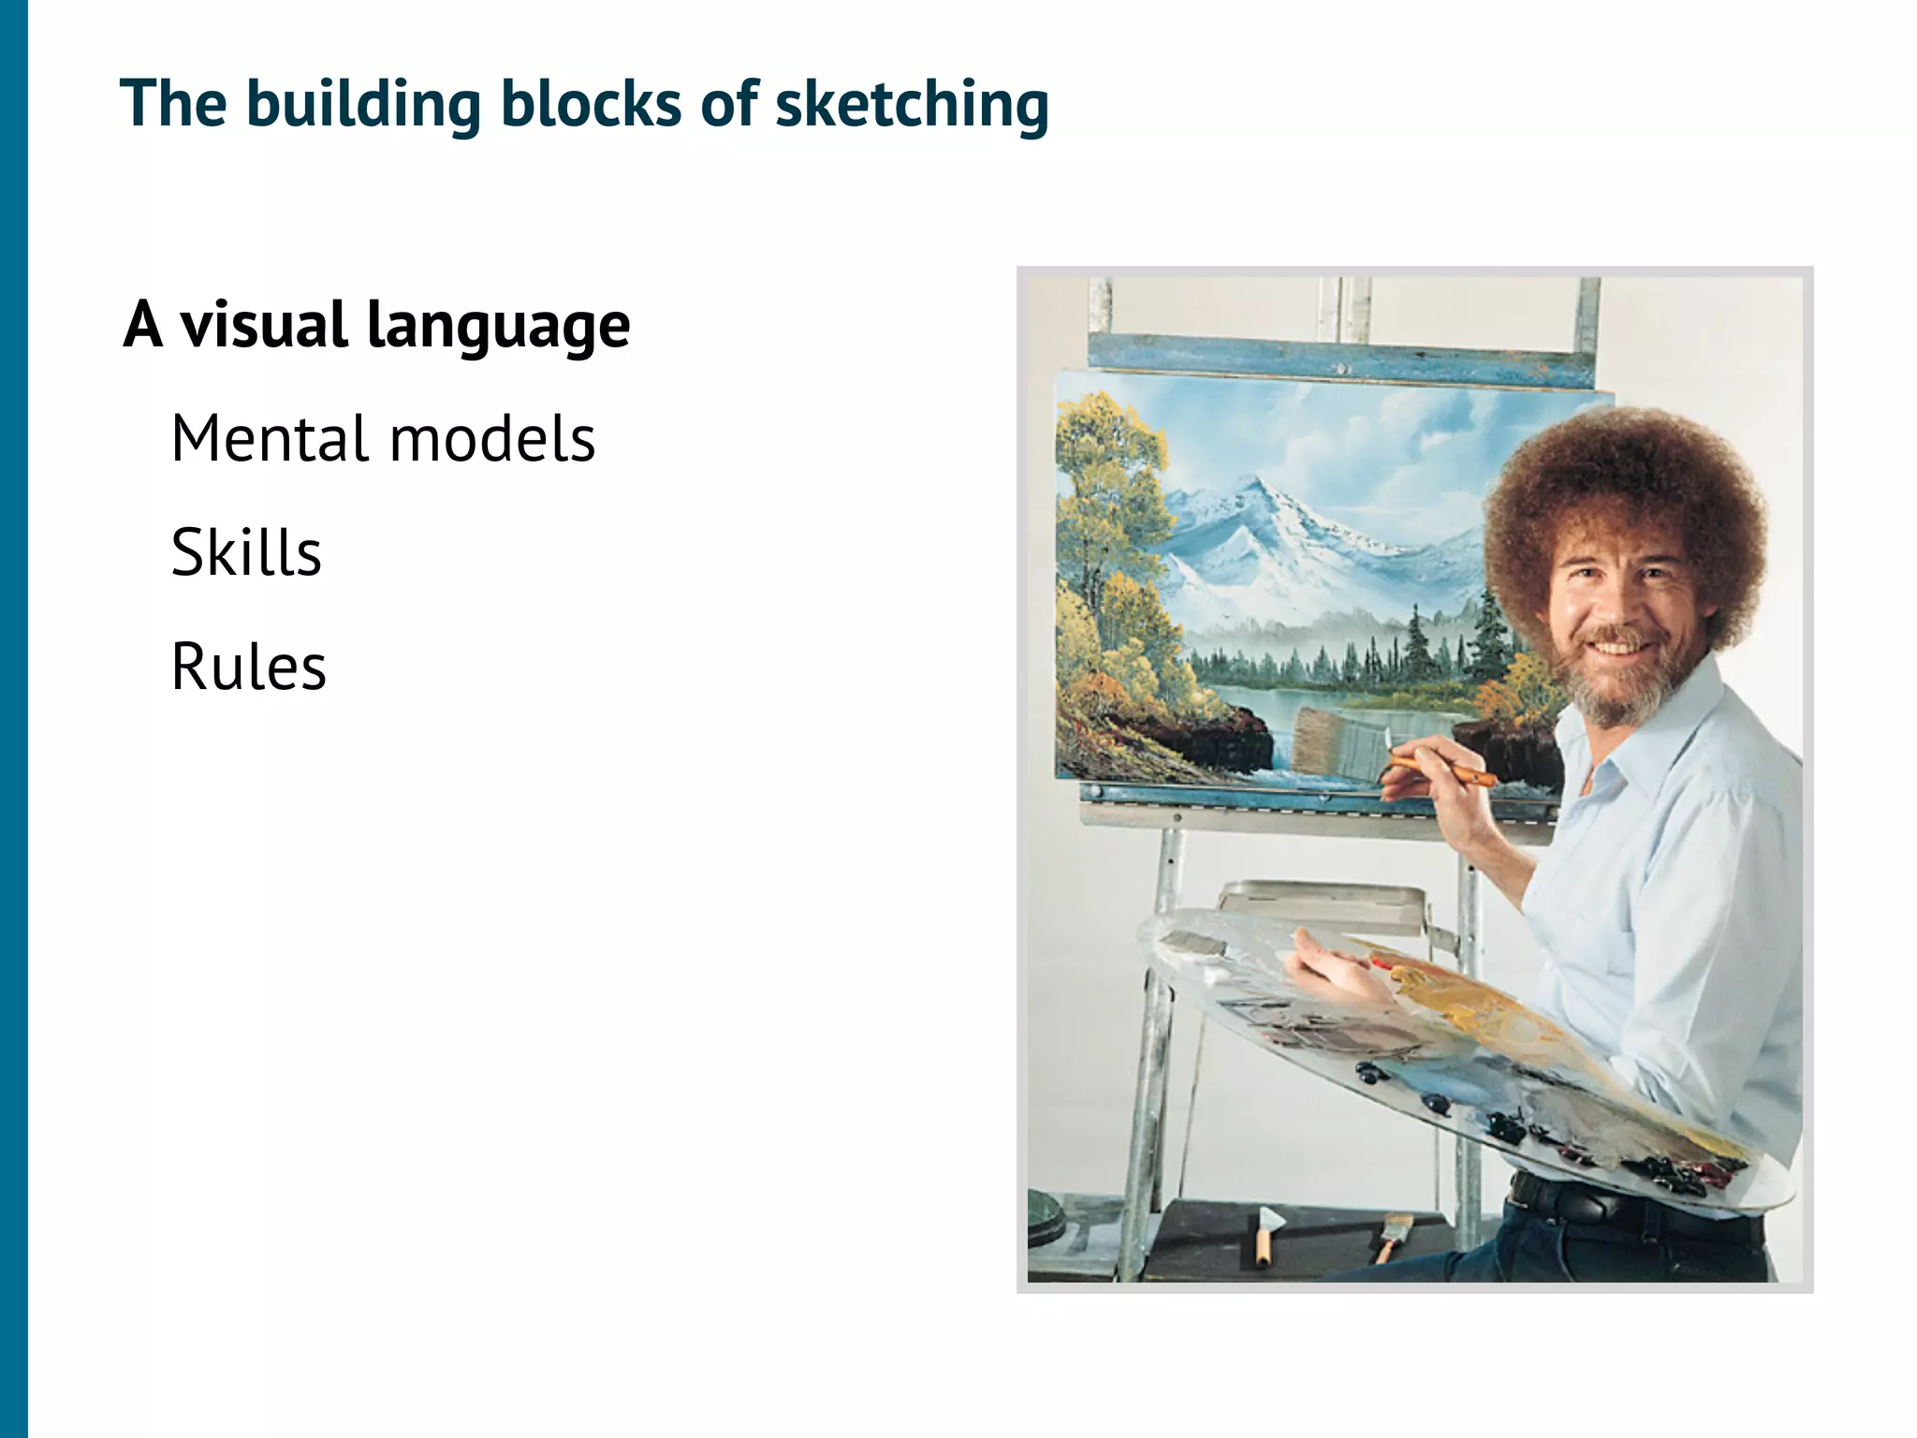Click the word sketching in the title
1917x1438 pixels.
pos(912,105)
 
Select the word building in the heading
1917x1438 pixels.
pos(362,105)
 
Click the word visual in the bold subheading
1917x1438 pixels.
pos(263,325)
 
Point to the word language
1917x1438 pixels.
pos(498,327)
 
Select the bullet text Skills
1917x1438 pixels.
pos(246,552)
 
